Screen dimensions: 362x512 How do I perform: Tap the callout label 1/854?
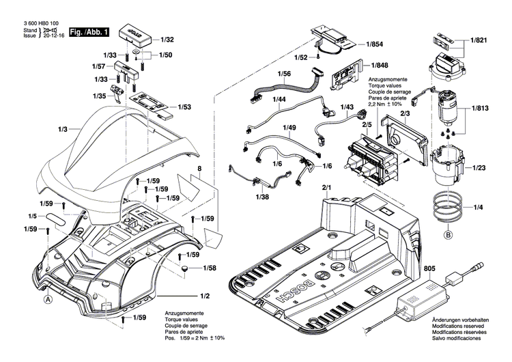point(373,44)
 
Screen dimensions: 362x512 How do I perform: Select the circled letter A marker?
point(48,298)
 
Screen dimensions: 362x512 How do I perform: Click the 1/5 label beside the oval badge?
point(32,216)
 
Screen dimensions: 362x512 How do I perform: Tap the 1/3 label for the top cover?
point(63,129)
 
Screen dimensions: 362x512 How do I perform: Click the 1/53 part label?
point(184,107)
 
